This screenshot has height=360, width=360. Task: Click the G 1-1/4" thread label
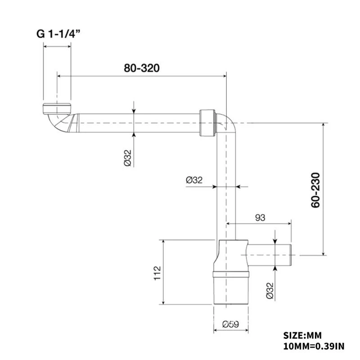tap(58, 34)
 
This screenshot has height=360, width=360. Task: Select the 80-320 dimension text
tap(142, 68)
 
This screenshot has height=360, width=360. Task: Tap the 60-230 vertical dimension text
tap(315, 190)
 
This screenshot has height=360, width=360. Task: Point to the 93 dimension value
tap(260, 217)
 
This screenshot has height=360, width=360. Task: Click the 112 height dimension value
tap(157, 273)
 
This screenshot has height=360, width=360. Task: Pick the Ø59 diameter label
tap(230, 324)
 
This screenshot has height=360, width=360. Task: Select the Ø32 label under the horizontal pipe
tap(128, 158)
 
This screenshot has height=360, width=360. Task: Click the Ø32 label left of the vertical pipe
tap(194, 180)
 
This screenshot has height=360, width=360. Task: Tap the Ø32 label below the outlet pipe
tap(270, 291)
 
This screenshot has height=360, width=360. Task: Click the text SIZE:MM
tap(302, 335)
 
